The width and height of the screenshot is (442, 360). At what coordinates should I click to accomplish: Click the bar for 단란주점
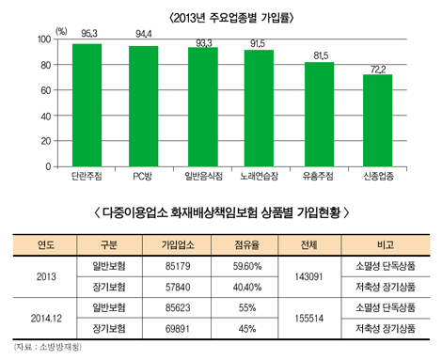87,105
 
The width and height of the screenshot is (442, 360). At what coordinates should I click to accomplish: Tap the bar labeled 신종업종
376,120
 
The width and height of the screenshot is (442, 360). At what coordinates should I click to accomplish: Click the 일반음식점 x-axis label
203,176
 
